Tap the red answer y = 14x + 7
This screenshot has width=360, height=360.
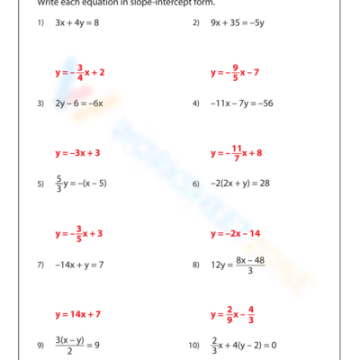pos(77,315)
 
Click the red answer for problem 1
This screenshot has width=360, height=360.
pos(80,72)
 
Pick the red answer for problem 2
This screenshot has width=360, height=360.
pos(235,72)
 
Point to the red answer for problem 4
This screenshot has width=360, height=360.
pos(236,153)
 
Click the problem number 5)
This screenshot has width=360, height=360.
pos(40,184)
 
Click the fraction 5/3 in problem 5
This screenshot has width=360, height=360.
pos(59,184)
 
